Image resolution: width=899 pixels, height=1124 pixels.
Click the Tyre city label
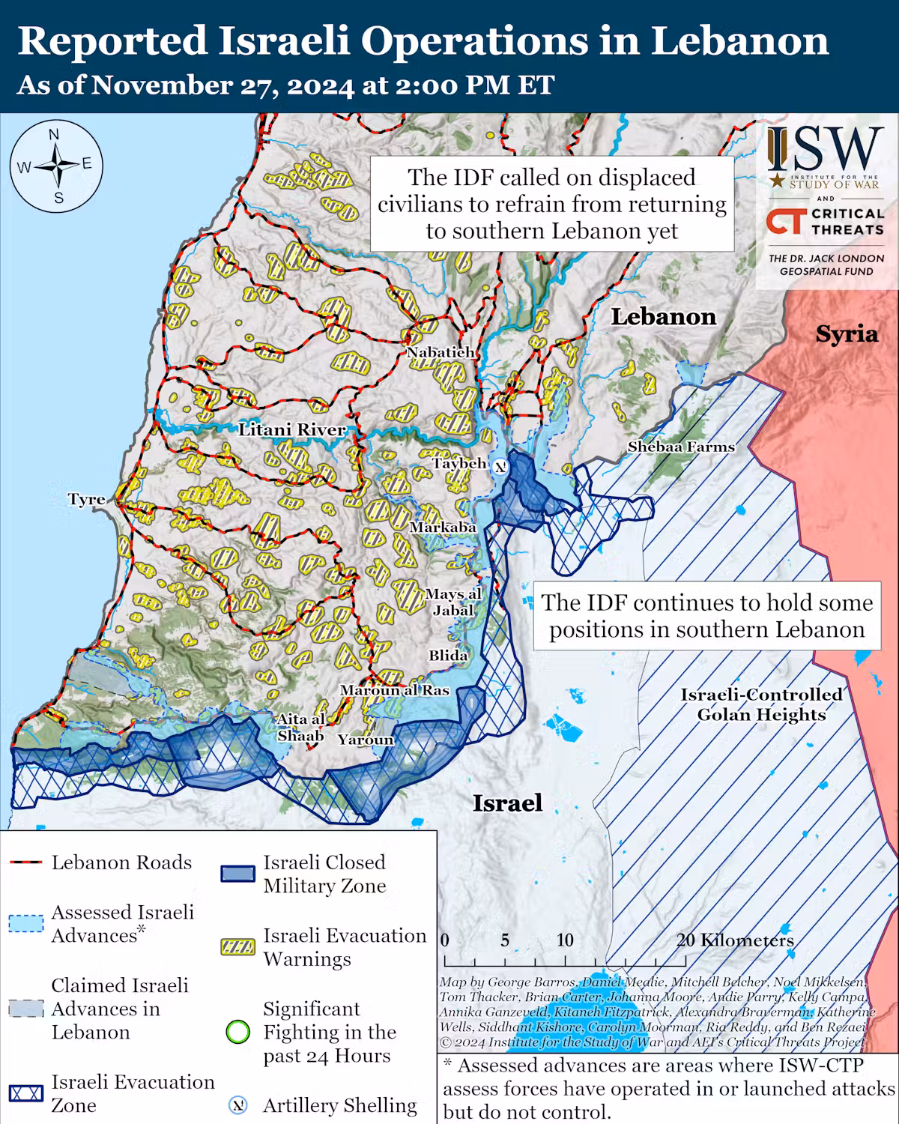tap(86, 500)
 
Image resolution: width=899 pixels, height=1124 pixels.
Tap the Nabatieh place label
tap(441, 352)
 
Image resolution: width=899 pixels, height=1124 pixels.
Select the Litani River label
tap(292, 430)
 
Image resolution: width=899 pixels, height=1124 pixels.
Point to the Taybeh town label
tap(458, 464)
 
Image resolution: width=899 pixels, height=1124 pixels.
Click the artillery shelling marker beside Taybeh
tap(500, 465)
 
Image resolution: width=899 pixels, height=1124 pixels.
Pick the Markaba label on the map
tap(443, 528)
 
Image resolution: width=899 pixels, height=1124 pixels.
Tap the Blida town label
tap(448, 656)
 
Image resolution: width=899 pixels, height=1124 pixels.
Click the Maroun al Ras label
tap(394, 690)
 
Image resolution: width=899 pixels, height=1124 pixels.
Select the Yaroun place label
tap(365, 740)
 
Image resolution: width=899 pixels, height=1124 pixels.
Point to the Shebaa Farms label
tap(681, 447)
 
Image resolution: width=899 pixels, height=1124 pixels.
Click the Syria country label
tap(847, 334)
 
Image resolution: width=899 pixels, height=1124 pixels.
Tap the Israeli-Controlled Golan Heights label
tap(761, 704)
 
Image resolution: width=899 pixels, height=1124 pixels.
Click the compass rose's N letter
tap(54, 135)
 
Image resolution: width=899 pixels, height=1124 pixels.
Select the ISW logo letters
tap(826, 150)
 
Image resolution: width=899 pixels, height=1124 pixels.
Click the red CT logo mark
tap(784, 222)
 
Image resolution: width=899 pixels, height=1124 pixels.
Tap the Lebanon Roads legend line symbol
tap(25, 863)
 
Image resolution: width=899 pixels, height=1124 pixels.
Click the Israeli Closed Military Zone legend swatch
tap(237, 874)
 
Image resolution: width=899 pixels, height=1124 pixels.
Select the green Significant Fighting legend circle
tap(237, 1033)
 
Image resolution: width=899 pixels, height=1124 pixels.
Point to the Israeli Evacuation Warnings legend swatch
tap(237, 947)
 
